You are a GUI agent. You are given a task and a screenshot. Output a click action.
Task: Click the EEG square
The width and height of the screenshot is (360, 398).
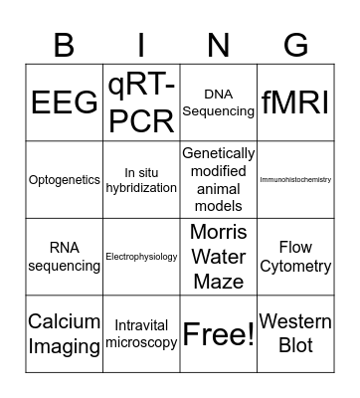65,102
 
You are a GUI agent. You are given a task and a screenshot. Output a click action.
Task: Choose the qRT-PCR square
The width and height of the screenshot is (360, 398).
141,102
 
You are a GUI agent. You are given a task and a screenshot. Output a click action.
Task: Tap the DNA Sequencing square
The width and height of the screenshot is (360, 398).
219,102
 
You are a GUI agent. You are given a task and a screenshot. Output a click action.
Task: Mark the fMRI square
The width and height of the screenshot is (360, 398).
295,102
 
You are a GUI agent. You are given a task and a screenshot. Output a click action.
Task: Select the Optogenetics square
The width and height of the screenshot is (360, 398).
65,180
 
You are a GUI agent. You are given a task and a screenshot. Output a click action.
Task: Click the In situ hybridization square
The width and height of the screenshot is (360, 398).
141,180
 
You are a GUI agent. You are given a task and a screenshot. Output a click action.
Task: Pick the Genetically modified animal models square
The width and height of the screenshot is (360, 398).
219,180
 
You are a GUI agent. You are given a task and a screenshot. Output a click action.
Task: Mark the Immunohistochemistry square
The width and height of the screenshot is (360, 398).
295,180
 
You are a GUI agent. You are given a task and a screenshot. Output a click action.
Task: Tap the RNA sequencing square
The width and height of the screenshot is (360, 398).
65,257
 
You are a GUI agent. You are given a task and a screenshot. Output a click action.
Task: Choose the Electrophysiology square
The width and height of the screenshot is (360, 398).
141,257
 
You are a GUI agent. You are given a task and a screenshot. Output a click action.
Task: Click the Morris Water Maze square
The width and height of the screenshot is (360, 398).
219,257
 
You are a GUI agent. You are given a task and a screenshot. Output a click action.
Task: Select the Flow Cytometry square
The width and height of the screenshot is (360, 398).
295,257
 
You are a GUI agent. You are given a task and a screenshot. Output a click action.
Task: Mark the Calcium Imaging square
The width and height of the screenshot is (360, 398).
65,333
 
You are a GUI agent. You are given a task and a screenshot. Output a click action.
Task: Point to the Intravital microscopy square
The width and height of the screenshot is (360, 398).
141,333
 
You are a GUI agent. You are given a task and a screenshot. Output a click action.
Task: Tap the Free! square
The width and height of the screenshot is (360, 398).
219,333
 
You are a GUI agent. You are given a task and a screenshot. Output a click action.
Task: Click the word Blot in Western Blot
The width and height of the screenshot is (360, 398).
295,345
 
